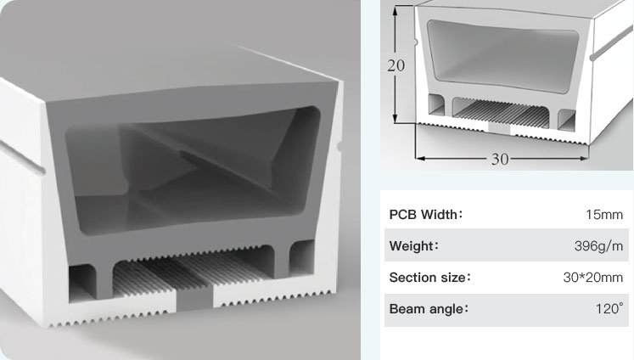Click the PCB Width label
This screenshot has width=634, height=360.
pos(426,214)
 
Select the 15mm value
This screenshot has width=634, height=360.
pos(604,214)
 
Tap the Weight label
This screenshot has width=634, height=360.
pos(413,246)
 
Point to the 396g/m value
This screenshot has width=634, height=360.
pos(599,246)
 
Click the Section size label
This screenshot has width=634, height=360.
pos(429,278)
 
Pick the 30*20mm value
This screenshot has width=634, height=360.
pos(593,278)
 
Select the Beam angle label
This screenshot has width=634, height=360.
pos(429,309)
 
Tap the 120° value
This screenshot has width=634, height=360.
pos(609,309)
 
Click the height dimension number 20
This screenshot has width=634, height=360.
pos(396,65)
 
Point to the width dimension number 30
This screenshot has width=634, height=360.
pos(500,160)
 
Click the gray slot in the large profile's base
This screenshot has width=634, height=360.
pos(194,297)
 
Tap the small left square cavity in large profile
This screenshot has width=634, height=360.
pos(82,283)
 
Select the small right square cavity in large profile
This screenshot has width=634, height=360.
pos(302,257)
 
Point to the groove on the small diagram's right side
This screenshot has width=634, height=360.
pos(611,43)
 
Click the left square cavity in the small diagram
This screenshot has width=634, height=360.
pos(436,104)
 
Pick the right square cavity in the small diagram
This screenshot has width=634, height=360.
pos(566,120)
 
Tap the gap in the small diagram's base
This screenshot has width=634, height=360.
pos(499,129)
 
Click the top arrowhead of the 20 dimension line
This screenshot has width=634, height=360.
pos(396,10)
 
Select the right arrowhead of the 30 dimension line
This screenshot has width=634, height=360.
pos(584,159)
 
